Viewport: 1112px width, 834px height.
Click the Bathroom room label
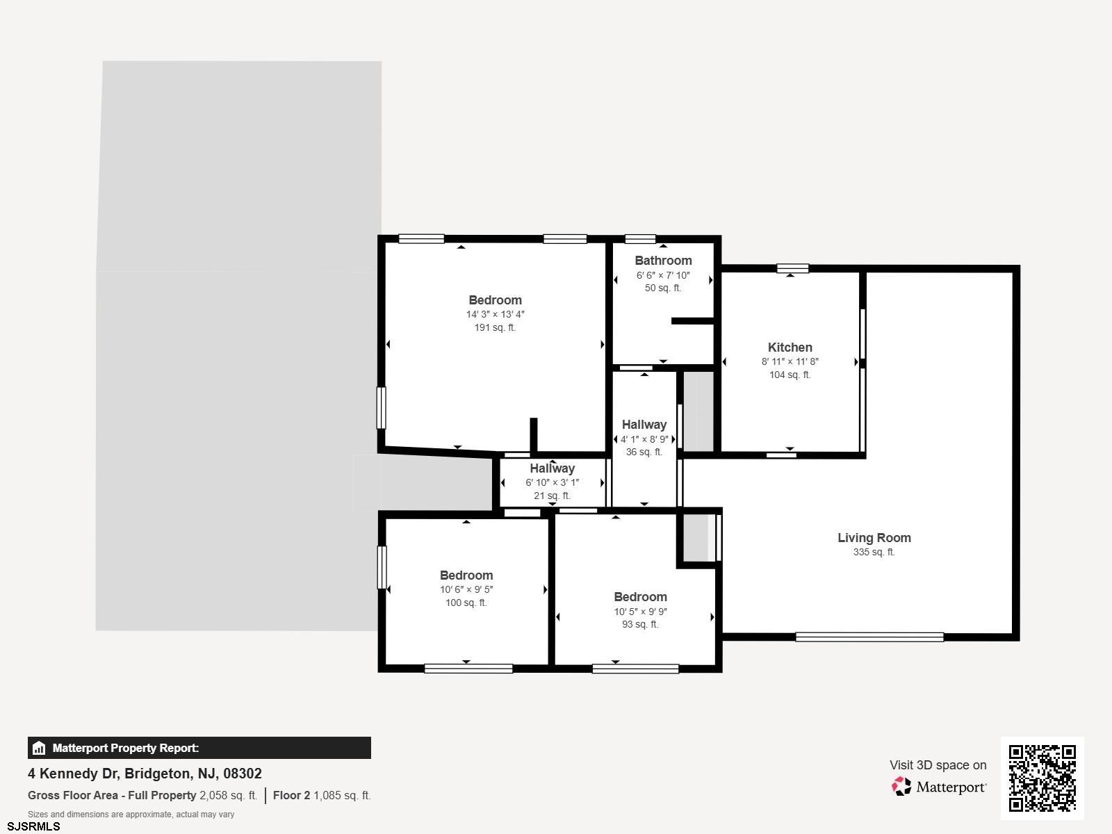point(663,261)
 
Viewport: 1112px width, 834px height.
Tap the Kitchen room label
point(790,347)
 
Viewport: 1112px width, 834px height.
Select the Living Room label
point(874,538)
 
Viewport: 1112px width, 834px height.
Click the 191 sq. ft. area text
point(495,327)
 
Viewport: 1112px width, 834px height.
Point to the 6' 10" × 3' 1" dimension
point(553,482)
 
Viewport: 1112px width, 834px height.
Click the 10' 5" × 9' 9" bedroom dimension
point(640,612)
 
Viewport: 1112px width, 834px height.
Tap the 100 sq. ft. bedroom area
point(466,603)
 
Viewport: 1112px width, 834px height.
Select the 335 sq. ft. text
point(874,552)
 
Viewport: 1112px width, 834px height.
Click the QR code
point(1042,778)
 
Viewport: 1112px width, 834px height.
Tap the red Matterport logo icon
point(901,787)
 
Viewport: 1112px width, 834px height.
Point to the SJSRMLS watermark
point(33,826)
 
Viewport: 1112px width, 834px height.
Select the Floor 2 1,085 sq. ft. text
point(322,796)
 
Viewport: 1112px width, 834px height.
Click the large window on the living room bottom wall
point(869,637)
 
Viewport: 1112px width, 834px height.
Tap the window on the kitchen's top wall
point(793,268)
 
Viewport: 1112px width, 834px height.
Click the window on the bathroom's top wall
point(640,239)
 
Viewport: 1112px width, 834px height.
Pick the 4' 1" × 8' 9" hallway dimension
point(644,439)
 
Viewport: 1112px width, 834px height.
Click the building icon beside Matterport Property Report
point(39,748)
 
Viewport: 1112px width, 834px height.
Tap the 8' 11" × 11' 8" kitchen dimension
point(790,361)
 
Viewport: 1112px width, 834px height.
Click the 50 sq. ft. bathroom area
point(663,288)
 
